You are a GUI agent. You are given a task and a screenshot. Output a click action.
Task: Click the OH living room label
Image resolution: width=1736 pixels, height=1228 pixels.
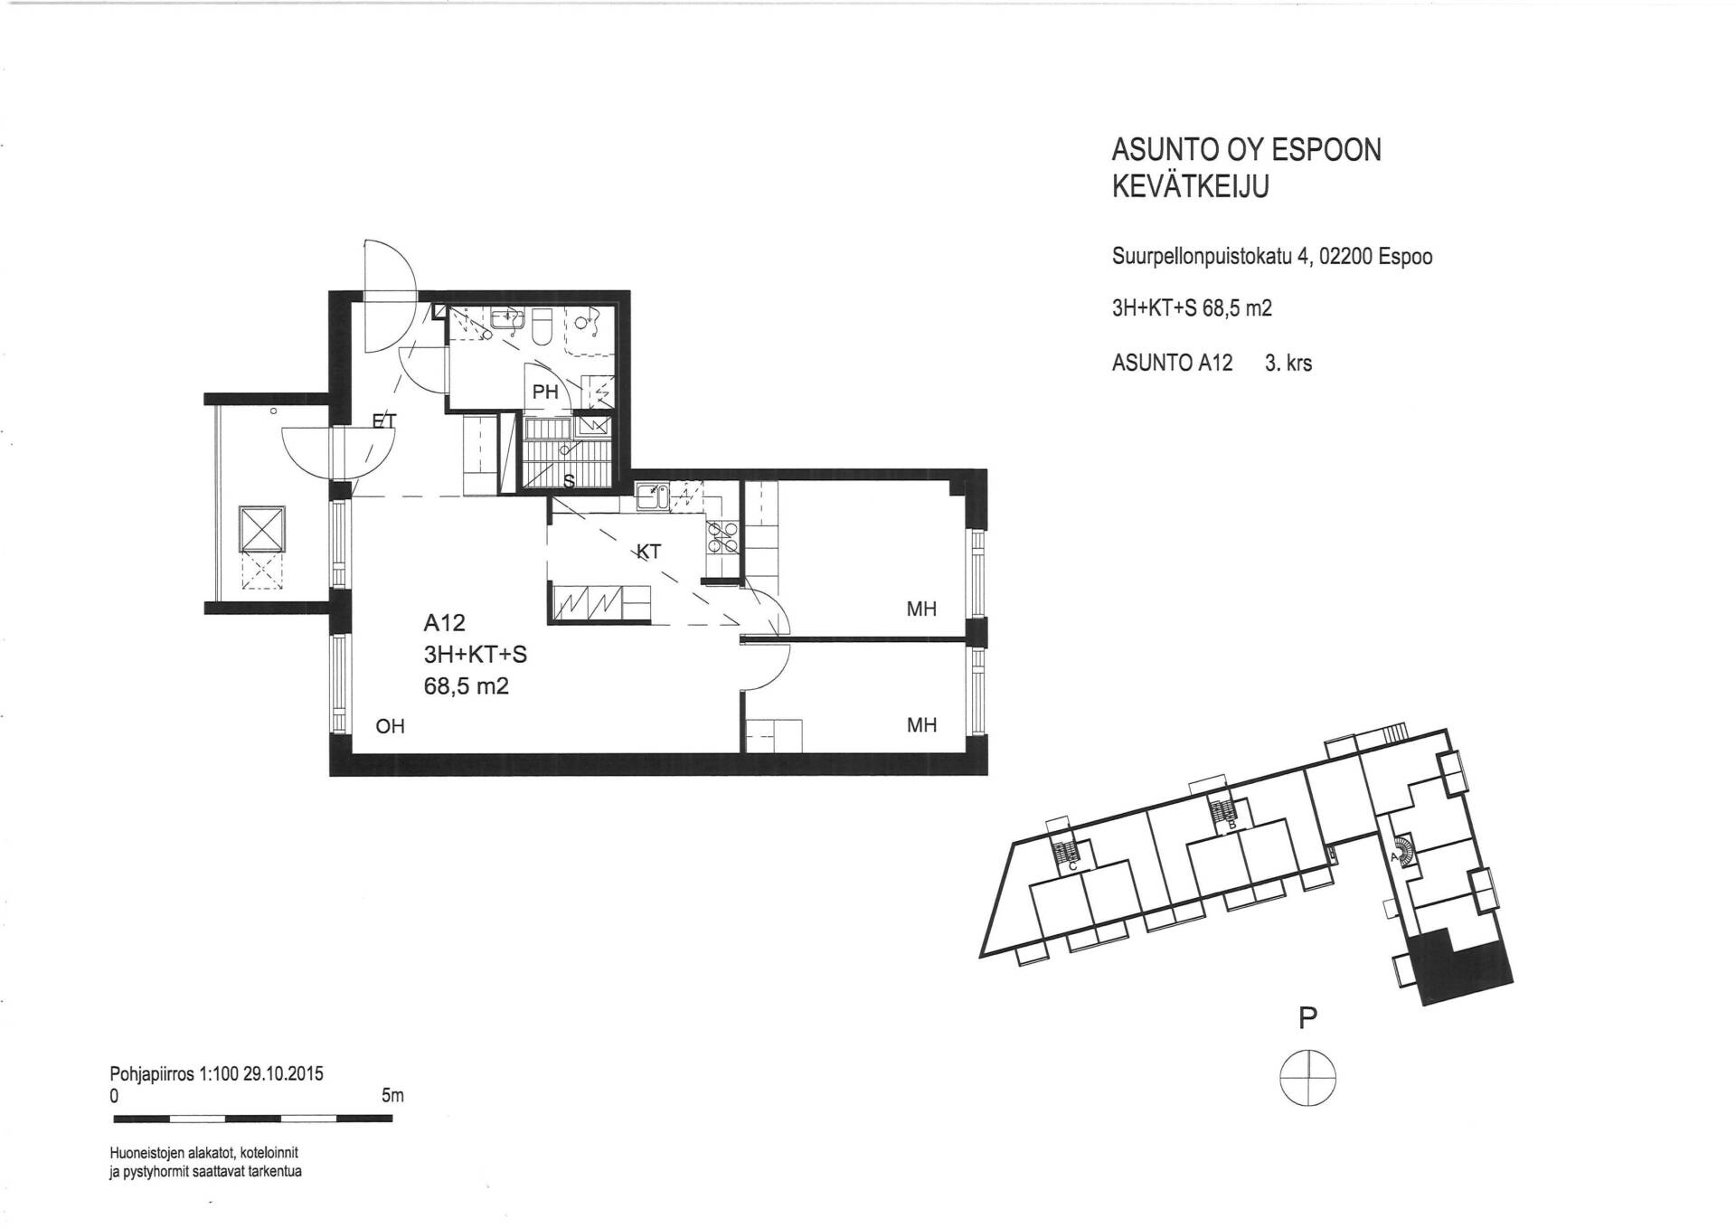tap(390, 725)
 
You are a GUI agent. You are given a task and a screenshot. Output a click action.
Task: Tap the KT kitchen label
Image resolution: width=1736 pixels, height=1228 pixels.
tap(648, 552)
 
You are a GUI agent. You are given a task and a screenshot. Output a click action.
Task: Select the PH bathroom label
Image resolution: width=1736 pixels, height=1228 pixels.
tap(545, 392)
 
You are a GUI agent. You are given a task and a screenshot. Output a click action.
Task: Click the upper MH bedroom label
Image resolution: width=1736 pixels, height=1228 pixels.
tap(921, 609)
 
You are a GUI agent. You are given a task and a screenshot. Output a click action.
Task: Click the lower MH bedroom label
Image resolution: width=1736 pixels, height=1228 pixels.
tap(921, 725)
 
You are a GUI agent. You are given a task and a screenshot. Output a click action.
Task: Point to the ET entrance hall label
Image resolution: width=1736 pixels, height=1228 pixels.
tap(384, 420)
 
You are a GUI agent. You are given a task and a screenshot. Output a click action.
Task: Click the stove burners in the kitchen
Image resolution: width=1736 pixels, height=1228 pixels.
tap(723, 538)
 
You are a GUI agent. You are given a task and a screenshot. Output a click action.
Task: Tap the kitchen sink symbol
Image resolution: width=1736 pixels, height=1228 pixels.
tap(652, 496)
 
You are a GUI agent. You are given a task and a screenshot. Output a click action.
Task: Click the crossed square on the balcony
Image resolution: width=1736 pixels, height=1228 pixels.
tap(262, 529)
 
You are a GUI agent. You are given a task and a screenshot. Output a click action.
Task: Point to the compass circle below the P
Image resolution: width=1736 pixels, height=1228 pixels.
tap(1307, 1077)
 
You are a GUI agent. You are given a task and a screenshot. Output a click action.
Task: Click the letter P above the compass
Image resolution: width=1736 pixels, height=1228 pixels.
tap(1307, 1018)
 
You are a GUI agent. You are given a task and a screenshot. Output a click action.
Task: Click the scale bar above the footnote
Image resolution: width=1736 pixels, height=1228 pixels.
tap(253, 1119)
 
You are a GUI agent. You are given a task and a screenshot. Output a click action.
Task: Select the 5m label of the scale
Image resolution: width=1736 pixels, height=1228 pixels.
tap(392, 1096)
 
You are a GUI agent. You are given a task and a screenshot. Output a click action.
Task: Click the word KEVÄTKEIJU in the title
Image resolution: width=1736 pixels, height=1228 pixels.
tap(1191, 186)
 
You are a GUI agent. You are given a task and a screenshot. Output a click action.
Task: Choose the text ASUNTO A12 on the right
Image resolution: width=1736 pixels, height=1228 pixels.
tap(1172, 363)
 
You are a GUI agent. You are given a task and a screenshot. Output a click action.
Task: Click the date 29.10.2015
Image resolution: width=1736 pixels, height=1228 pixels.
tap(283, 1074)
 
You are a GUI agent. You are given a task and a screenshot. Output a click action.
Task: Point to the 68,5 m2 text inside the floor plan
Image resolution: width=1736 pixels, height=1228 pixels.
tap(467, 686)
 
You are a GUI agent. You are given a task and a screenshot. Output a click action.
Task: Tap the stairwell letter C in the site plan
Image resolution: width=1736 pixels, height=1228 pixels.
tap(1072, 866)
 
